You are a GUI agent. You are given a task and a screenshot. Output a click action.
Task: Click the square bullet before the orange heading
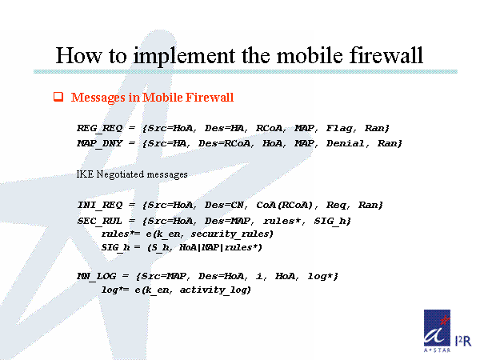(58, 98)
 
